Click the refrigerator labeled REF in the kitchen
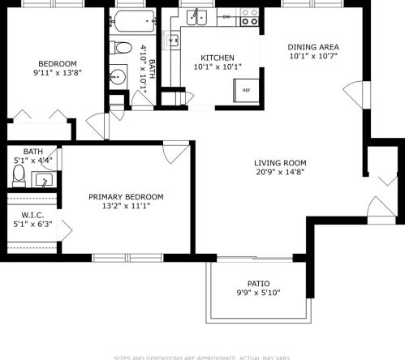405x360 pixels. click(247, 90)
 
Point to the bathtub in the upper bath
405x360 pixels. click(130, 22)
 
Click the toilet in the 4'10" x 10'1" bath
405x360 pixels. click(120, 49)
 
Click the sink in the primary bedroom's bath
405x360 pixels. click(44, 180)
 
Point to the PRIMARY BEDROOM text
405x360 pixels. click(126, 197)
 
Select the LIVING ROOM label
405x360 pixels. click(279, 161)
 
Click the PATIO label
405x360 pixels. click(258, 283)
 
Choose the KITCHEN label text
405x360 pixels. click(218, 58)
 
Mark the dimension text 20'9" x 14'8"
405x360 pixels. click(279, 172)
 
